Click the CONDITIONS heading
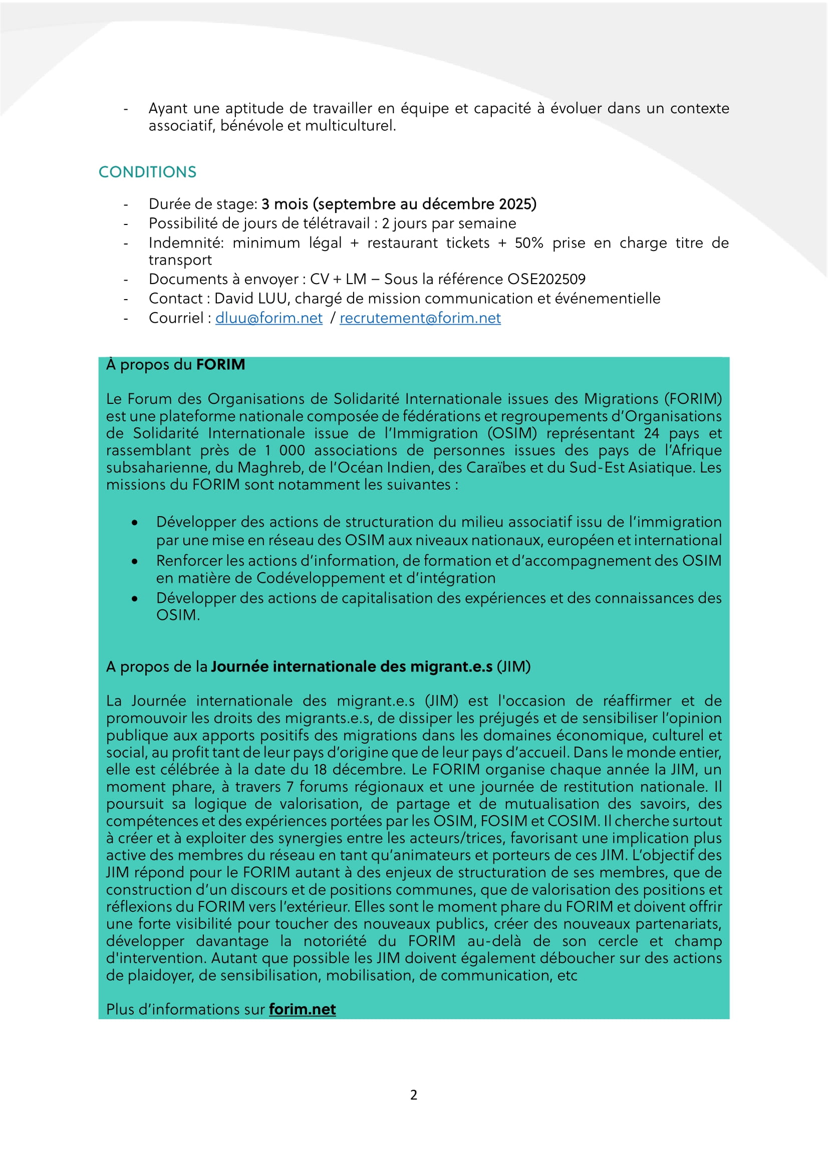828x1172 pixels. point(147,172)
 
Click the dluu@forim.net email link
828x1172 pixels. point(269,318)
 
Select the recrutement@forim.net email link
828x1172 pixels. point(420,318)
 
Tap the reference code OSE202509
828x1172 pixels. point(546,279)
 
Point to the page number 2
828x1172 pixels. point(414,1094)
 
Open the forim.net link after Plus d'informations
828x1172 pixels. point(302,1009)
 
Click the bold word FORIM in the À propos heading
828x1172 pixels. point(220,364)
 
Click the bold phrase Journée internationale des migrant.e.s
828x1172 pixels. point(352,666)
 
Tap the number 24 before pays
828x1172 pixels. point(651,433)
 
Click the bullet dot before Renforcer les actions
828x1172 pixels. point(134,561)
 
